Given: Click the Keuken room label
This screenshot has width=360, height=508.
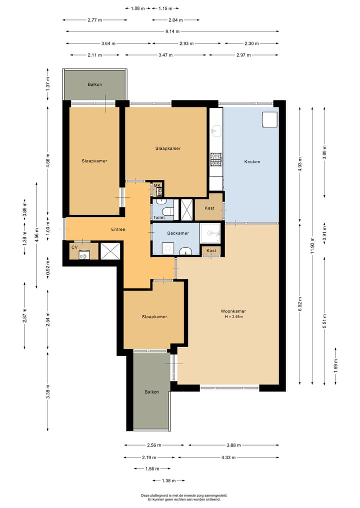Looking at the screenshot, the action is coord(252,162).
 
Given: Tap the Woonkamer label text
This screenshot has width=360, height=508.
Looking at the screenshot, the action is coord(233,311).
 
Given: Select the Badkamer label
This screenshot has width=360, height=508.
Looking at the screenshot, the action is coord(178,233).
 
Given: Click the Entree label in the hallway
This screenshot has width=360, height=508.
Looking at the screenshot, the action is coord(118,229).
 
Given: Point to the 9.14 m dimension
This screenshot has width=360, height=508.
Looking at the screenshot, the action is coord(172,31).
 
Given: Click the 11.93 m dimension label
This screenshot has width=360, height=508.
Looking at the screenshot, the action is coord(312,247).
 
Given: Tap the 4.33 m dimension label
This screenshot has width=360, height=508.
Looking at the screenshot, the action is coord(228,458).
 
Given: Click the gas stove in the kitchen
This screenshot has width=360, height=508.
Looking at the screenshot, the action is coord(216,159).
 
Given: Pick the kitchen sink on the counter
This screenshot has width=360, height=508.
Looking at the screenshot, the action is coord(216,130).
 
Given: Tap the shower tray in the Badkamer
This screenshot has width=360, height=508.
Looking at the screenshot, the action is coord(210,233).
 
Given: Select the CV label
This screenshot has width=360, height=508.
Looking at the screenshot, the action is coord(74,247).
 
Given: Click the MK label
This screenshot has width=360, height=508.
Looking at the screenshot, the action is coord(157,185).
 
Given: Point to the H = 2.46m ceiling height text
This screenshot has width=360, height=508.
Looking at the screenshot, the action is coord(233,317).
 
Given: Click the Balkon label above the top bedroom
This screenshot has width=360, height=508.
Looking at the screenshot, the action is coord(94,84).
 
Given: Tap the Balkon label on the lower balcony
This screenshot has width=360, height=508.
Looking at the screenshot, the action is coord(152,392).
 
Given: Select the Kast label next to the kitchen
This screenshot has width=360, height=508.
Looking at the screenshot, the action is coord(209,208).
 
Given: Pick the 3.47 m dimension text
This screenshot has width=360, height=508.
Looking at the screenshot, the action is coord(165,55).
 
